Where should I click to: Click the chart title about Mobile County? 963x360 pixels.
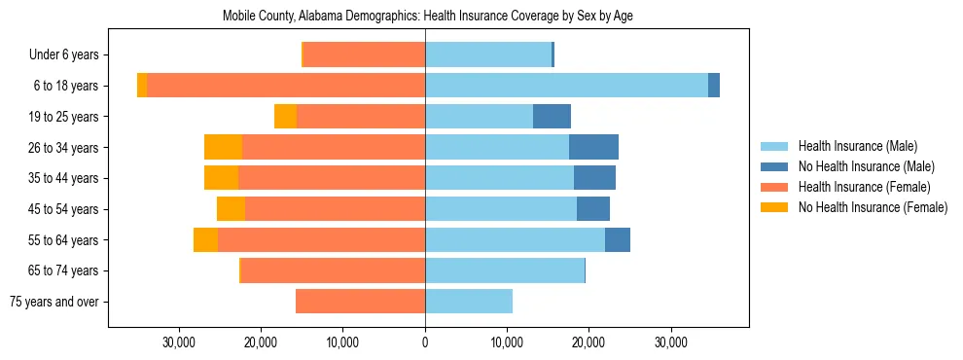point(428,17)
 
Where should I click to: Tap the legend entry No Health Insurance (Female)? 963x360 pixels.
point(873,207)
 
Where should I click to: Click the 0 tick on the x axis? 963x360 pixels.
point(425,342)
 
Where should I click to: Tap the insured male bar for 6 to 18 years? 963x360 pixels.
point(566,86)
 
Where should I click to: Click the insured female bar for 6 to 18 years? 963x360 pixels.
point(286,86)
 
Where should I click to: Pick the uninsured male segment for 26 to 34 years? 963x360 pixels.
point(593,147)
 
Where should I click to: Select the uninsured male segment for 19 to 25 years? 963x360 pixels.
point(552,117)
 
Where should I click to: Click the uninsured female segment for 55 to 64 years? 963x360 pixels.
point(205,239)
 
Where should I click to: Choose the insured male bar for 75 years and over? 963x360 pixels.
point(469,302)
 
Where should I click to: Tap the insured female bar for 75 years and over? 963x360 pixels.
point(360,302)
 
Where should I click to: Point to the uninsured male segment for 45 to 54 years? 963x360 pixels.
point(593,209)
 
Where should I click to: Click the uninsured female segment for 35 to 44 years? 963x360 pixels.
point(221,178)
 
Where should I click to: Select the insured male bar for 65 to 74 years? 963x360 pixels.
point(505,270)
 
